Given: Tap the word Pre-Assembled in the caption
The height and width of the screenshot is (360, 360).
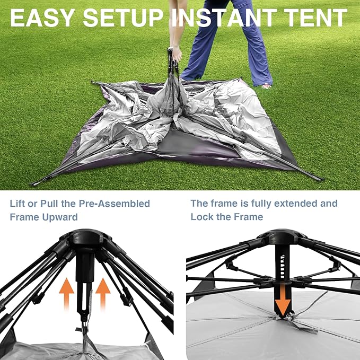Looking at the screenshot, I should (115, 204).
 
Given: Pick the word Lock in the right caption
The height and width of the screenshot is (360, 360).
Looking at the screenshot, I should (201, 217).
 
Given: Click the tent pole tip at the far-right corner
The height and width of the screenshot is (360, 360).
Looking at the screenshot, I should (320, 179).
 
